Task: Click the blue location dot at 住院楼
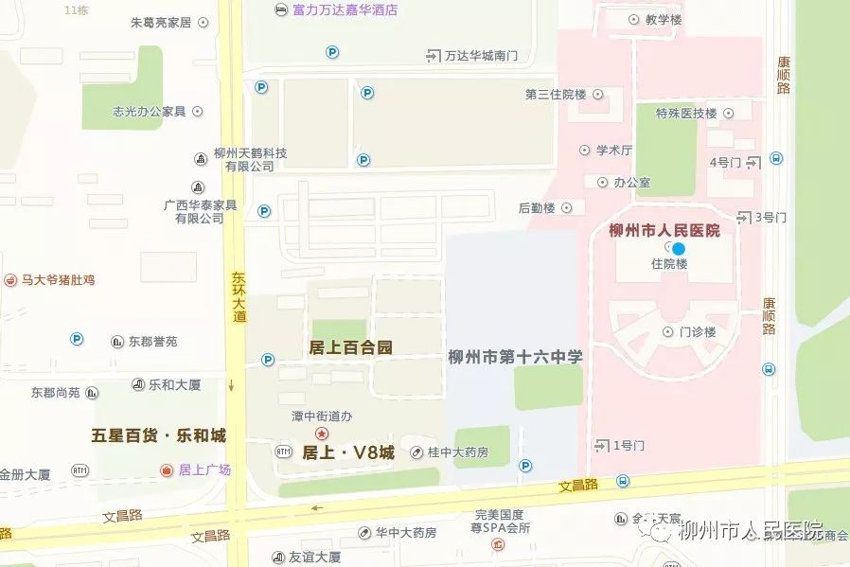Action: (x=678, y=248)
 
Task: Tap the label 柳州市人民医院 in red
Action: (x=664, y=230)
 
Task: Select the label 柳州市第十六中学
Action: (x=515, y=357)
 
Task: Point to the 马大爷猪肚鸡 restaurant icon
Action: (x=10, y=280)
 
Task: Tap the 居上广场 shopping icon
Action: (x=168, y=470)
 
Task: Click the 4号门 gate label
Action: (x=725, y=163)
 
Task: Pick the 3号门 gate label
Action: (x=770, y=217)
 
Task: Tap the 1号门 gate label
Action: (x=629, y=445)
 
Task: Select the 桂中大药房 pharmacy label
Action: (x=457, y=452)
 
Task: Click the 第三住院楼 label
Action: (x=557, y=95)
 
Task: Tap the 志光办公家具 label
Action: (x=150, y=111)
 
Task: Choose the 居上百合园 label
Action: (x=350, y=347)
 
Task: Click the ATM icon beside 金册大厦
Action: (x=80, y=470)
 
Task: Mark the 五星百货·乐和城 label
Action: (x=159, y=435)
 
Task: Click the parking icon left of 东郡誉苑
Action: (x=77, y=339)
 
